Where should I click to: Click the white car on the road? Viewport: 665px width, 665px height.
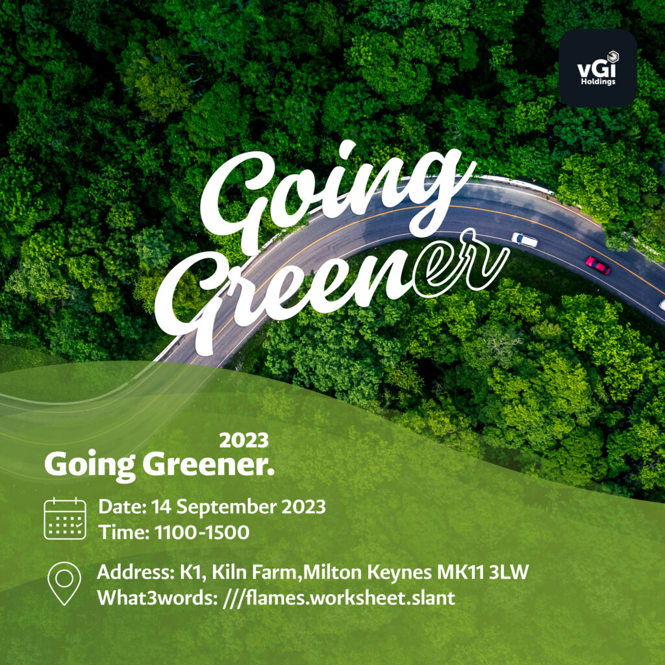[x=525, y=240]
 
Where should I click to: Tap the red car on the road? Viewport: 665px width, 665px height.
[x=597, y=265]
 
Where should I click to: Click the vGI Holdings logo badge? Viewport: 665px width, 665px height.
[x=597, y=68]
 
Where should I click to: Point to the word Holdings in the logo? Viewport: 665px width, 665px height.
[x=597, y=82]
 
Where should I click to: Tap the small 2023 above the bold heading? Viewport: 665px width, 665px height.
[x=244, y=440]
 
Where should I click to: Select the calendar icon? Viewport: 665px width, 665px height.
[x=65, y=518]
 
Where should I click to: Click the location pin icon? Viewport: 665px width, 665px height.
[x=65, y=583]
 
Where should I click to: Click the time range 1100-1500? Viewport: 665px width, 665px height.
[x=202, y=533]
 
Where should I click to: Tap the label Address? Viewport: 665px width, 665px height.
[x=133, y=573]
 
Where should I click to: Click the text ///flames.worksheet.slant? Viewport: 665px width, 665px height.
[x=339, y=597]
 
